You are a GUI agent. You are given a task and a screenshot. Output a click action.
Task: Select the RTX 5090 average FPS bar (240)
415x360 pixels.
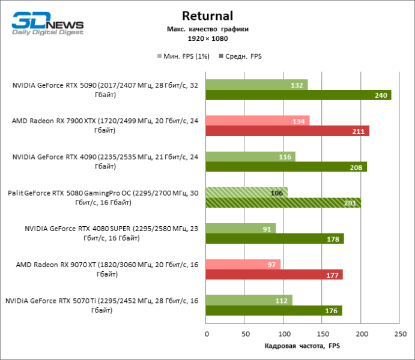[298, 95]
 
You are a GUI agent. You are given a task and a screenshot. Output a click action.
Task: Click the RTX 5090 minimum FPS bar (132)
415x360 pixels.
[256, 85]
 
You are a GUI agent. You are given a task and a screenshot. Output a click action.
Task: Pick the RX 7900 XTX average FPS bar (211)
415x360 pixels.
[287, 131]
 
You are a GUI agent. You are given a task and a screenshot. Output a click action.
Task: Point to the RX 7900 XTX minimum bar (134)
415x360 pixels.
[257, 121]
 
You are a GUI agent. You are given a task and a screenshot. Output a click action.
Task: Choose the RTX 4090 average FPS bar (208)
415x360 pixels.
[286, 167]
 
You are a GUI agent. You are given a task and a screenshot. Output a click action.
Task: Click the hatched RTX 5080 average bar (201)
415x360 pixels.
[283, 202]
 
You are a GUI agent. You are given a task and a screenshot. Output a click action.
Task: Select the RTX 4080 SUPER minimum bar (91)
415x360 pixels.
[240, 228]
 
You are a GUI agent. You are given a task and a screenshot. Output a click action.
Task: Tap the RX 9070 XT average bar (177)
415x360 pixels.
[274, 274]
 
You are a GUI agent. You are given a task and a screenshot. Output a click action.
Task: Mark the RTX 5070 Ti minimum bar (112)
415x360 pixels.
[249, 300]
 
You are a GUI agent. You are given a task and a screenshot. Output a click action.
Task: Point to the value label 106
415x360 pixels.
[277, 193]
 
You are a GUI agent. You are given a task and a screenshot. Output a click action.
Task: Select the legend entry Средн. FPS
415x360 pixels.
[243, 56]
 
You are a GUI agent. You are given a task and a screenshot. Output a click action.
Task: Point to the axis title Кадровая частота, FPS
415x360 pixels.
[303, 346]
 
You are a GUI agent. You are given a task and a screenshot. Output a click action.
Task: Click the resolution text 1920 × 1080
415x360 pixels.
[208, 38]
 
